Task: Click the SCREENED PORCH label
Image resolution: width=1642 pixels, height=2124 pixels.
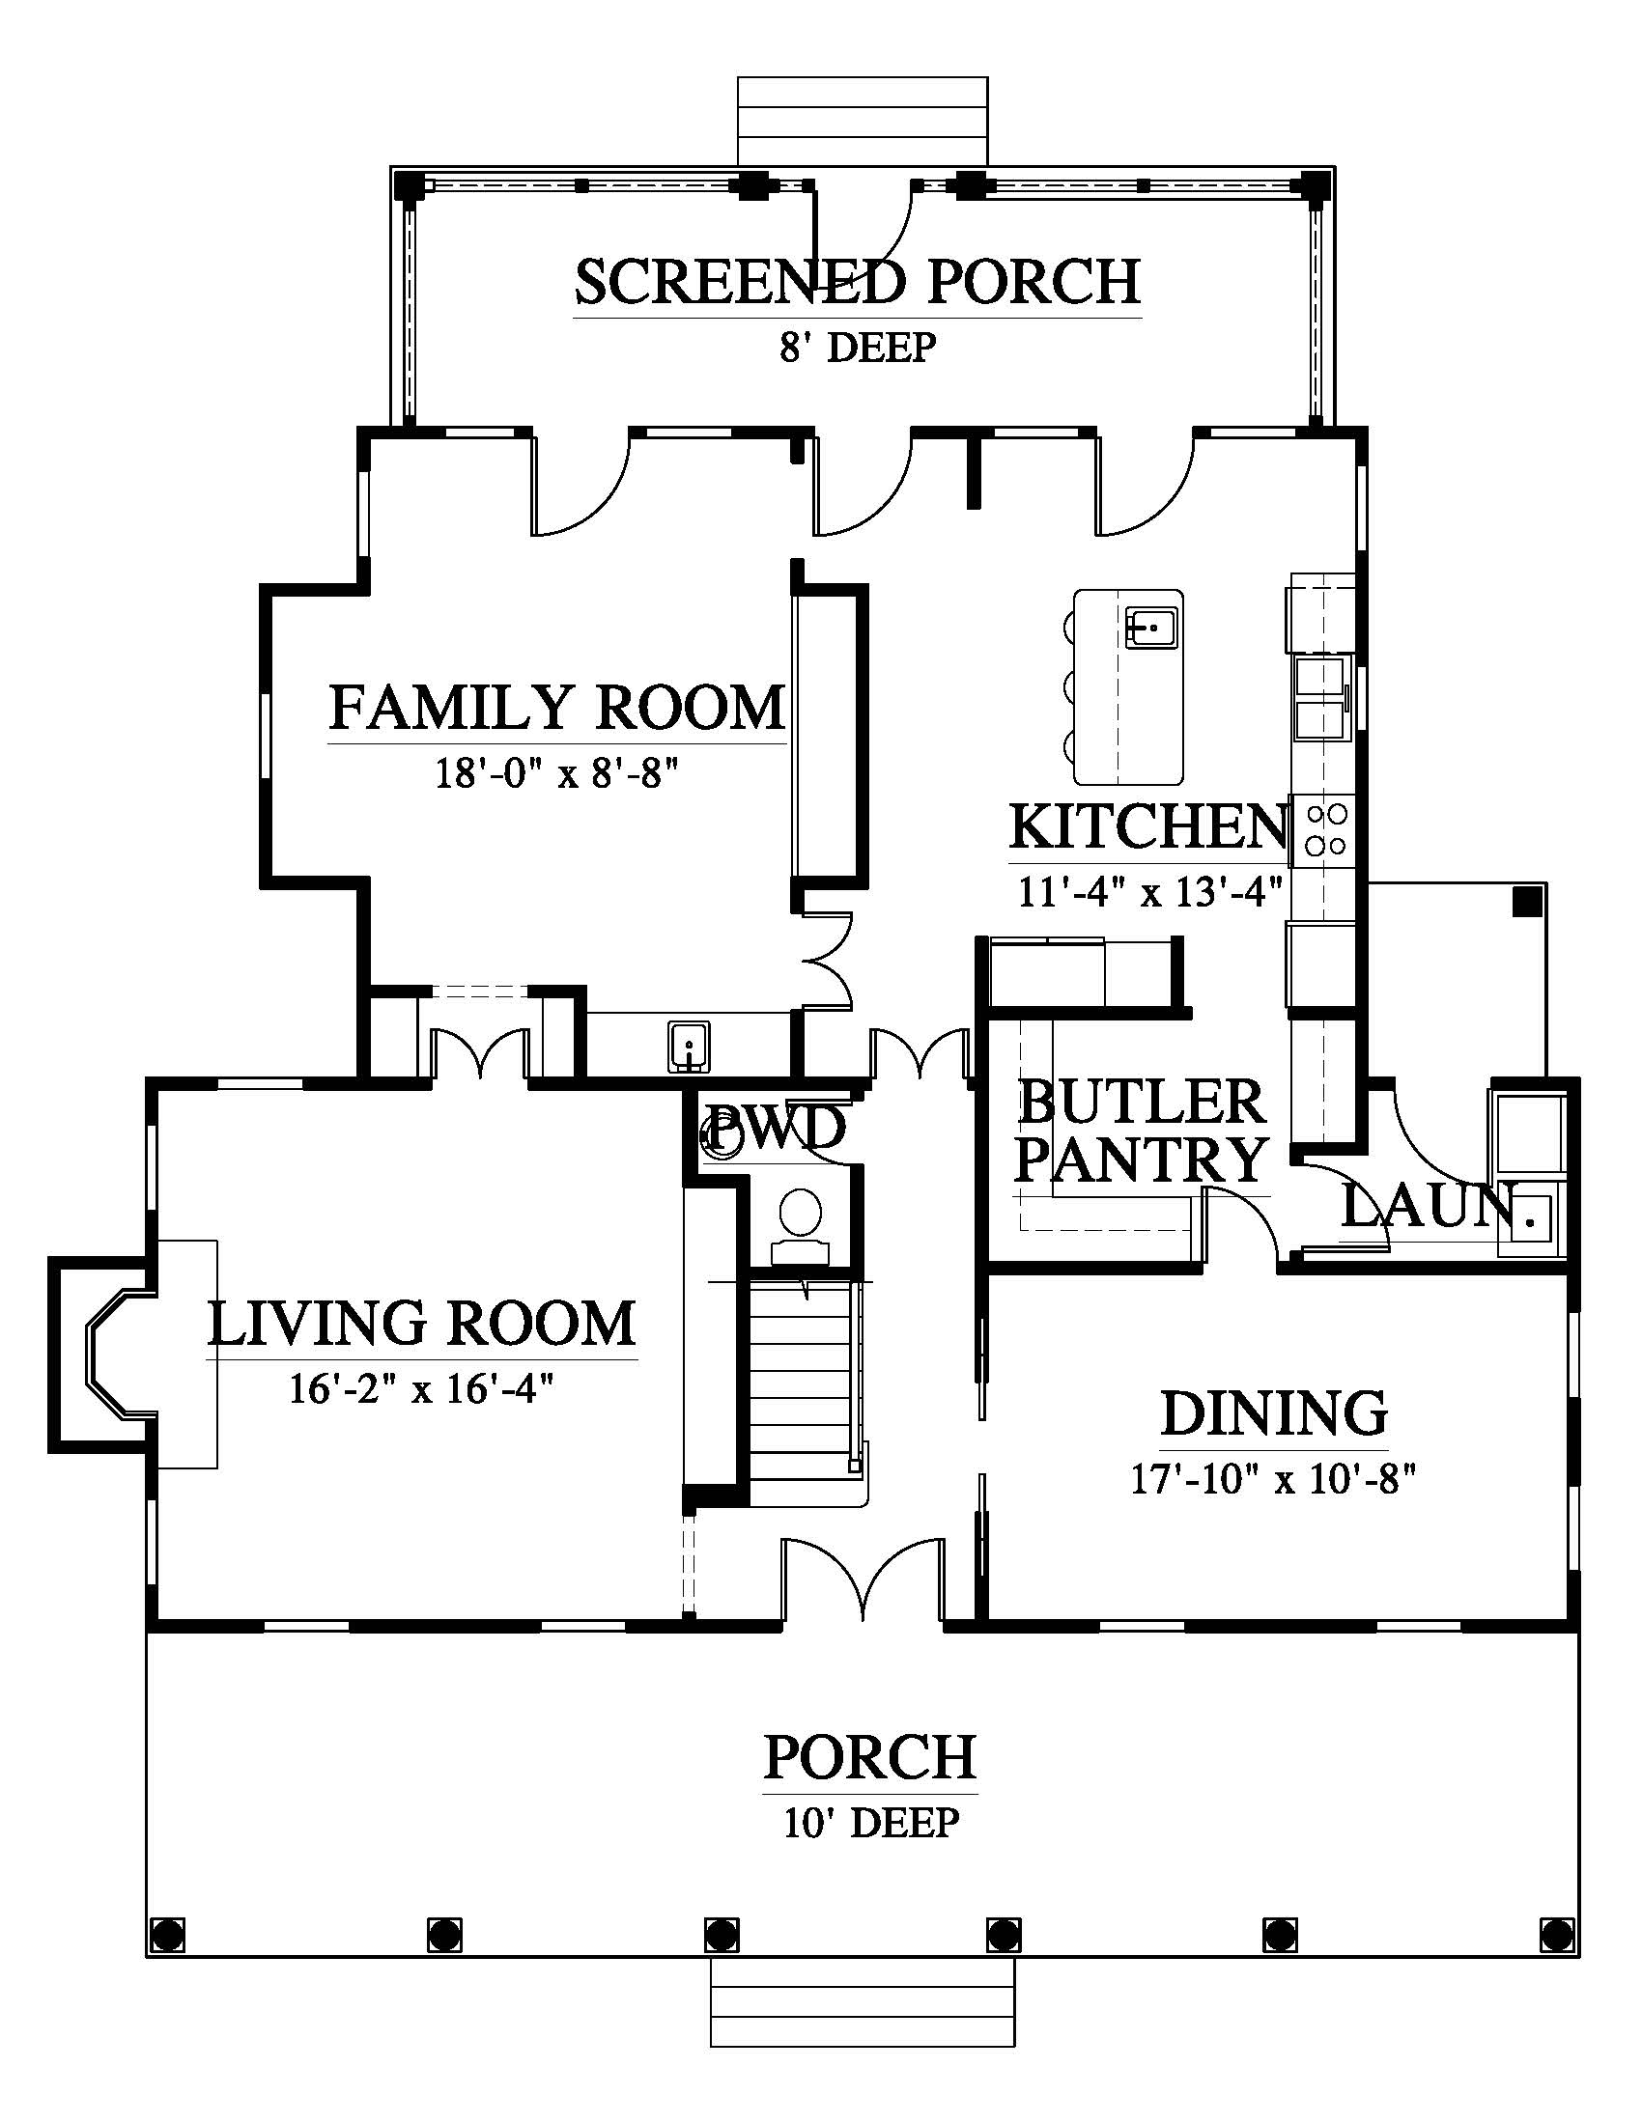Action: click(x=857, y=281)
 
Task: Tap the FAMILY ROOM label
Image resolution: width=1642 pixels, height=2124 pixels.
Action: click(x=557, y=707)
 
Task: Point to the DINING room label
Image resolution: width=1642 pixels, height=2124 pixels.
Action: click(x=1274, y=1413)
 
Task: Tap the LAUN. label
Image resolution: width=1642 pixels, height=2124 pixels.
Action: click(x=1430, y=1207)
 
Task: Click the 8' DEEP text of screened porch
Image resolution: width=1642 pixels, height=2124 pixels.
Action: click(x=857, y=347)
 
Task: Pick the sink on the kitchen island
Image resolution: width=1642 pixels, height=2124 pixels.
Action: click(x=1151, y=627)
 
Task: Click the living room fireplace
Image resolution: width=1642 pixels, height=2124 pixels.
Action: click(x=107, y=1354)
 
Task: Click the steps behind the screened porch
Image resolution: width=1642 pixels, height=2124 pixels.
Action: click(x=863, y=122)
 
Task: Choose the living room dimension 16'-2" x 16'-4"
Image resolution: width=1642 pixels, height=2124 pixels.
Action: click(x=421, y=1387)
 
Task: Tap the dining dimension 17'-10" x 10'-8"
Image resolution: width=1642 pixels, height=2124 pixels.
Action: click(x=1272, y=1479)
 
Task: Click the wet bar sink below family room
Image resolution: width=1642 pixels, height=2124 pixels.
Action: click(x=689, y=1047)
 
